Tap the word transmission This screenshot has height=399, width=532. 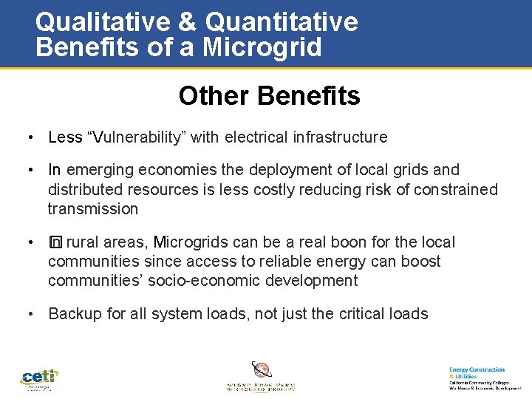93,209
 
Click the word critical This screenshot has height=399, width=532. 354,314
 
